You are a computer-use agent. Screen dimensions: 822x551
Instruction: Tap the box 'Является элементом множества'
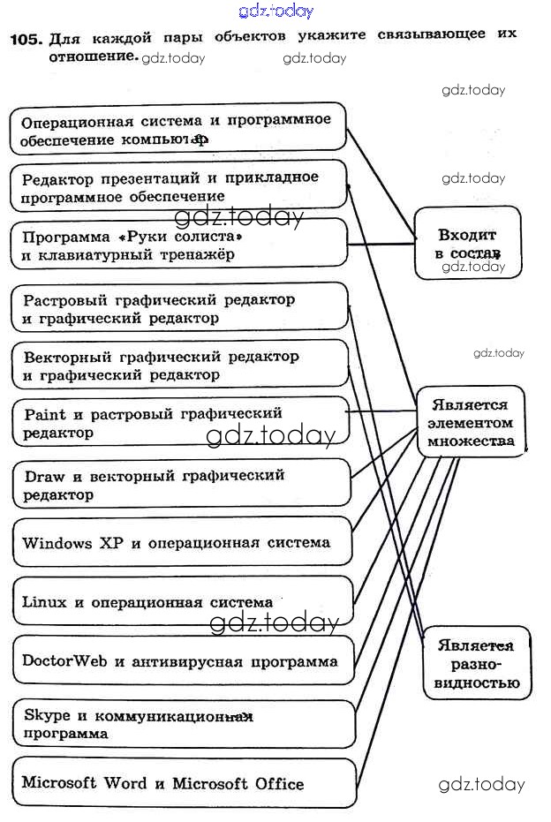471,421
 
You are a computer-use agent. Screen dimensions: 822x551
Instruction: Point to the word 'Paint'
45,413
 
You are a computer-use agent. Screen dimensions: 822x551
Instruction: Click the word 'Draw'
44,475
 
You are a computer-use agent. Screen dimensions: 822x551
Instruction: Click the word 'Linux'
44,602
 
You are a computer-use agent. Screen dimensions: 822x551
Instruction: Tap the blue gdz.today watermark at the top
275,11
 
